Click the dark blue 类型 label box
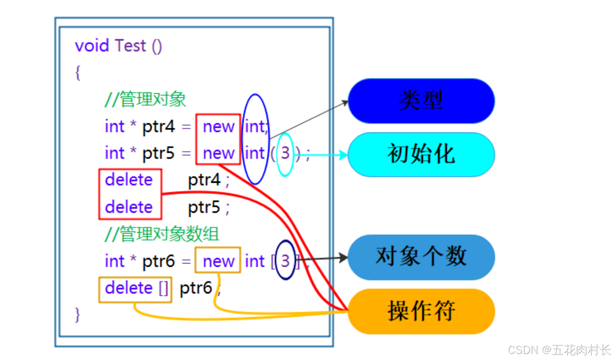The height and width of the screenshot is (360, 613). click(421, 101)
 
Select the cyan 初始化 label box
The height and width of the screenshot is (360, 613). click(421, 155)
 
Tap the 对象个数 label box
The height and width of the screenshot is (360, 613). click(421, 257)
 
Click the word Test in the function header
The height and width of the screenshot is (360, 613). click(131, 46)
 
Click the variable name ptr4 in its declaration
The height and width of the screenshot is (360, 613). click(159, 126)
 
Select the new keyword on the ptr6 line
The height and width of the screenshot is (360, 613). click(218, 261)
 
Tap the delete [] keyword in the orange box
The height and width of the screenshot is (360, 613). click(137, 288)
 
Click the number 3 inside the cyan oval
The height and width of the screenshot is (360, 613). click(286, 154)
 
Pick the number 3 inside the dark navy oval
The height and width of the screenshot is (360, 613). click(286, 261)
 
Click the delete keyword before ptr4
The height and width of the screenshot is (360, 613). click(129, 180)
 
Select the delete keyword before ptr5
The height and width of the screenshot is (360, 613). click(129, 207)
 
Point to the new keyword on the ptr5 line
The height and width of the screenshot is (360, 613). click(218, 154)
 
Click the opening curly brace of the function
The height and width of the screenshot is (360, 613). click(77, 72)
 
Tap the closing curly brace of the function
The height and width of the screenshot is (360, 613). click(77, 314)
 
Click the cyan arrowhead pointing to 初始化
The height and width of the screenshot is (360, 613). click(343, 155)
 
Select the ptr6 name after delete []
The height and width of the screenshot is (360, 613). click(196, 288)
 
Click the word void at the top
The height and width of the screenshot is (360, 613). click(92, 46)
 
